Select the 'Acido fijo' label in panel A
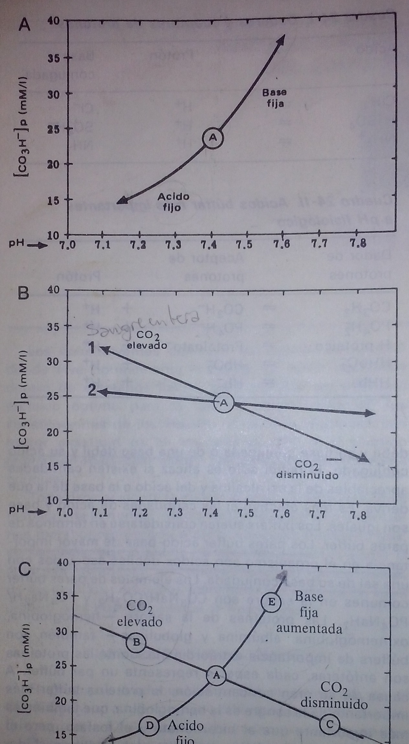(173, 201)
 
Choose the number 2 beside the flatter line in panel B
(92, 391)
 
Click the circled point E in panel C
(271, 602)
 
